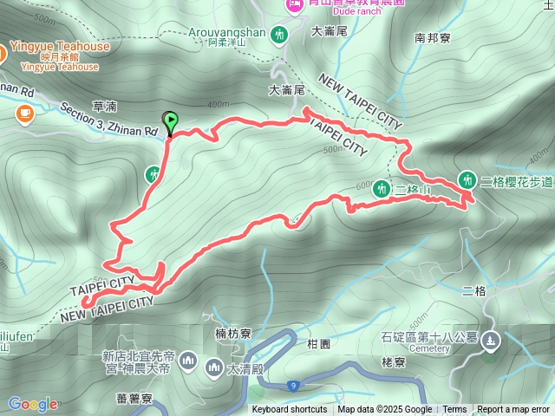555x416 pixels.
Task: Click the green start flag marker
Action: [x=170, y=121]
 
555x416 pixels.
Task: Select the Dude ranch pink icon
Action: [x=293, y=5]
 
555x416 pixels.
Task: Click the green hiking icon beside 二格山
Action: [x=382, y=186]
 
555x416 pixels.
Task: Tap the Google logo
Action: [x=33, y=404]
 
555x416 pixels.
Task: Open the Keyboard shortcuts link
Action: [x=290, y=410]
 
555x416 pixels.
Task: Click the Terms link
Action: [x=454, y=410]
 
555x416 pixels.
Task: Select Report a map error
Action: [x=513, y=410]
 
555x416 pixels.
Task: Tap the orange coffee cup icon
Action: [x=23, y=113]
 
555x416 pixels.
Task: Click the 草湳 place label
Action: [x=103, y=106]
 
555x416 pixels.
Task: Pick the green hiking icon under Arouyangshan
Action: [x=279, y=36]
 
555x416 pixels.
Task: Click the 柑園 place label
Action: [x=318, y=344]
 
